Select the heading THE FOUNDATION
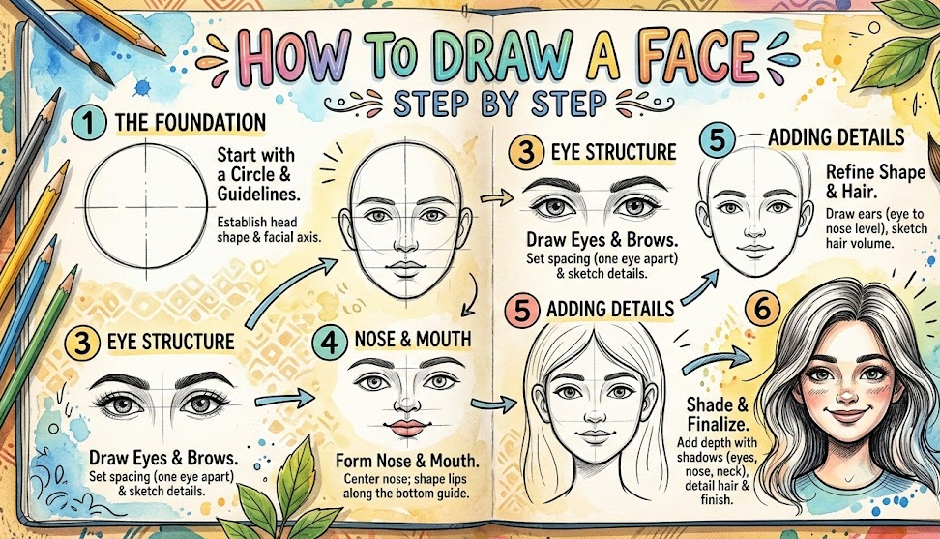pos(190,123)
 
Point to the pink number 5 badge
pos(521,310)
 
